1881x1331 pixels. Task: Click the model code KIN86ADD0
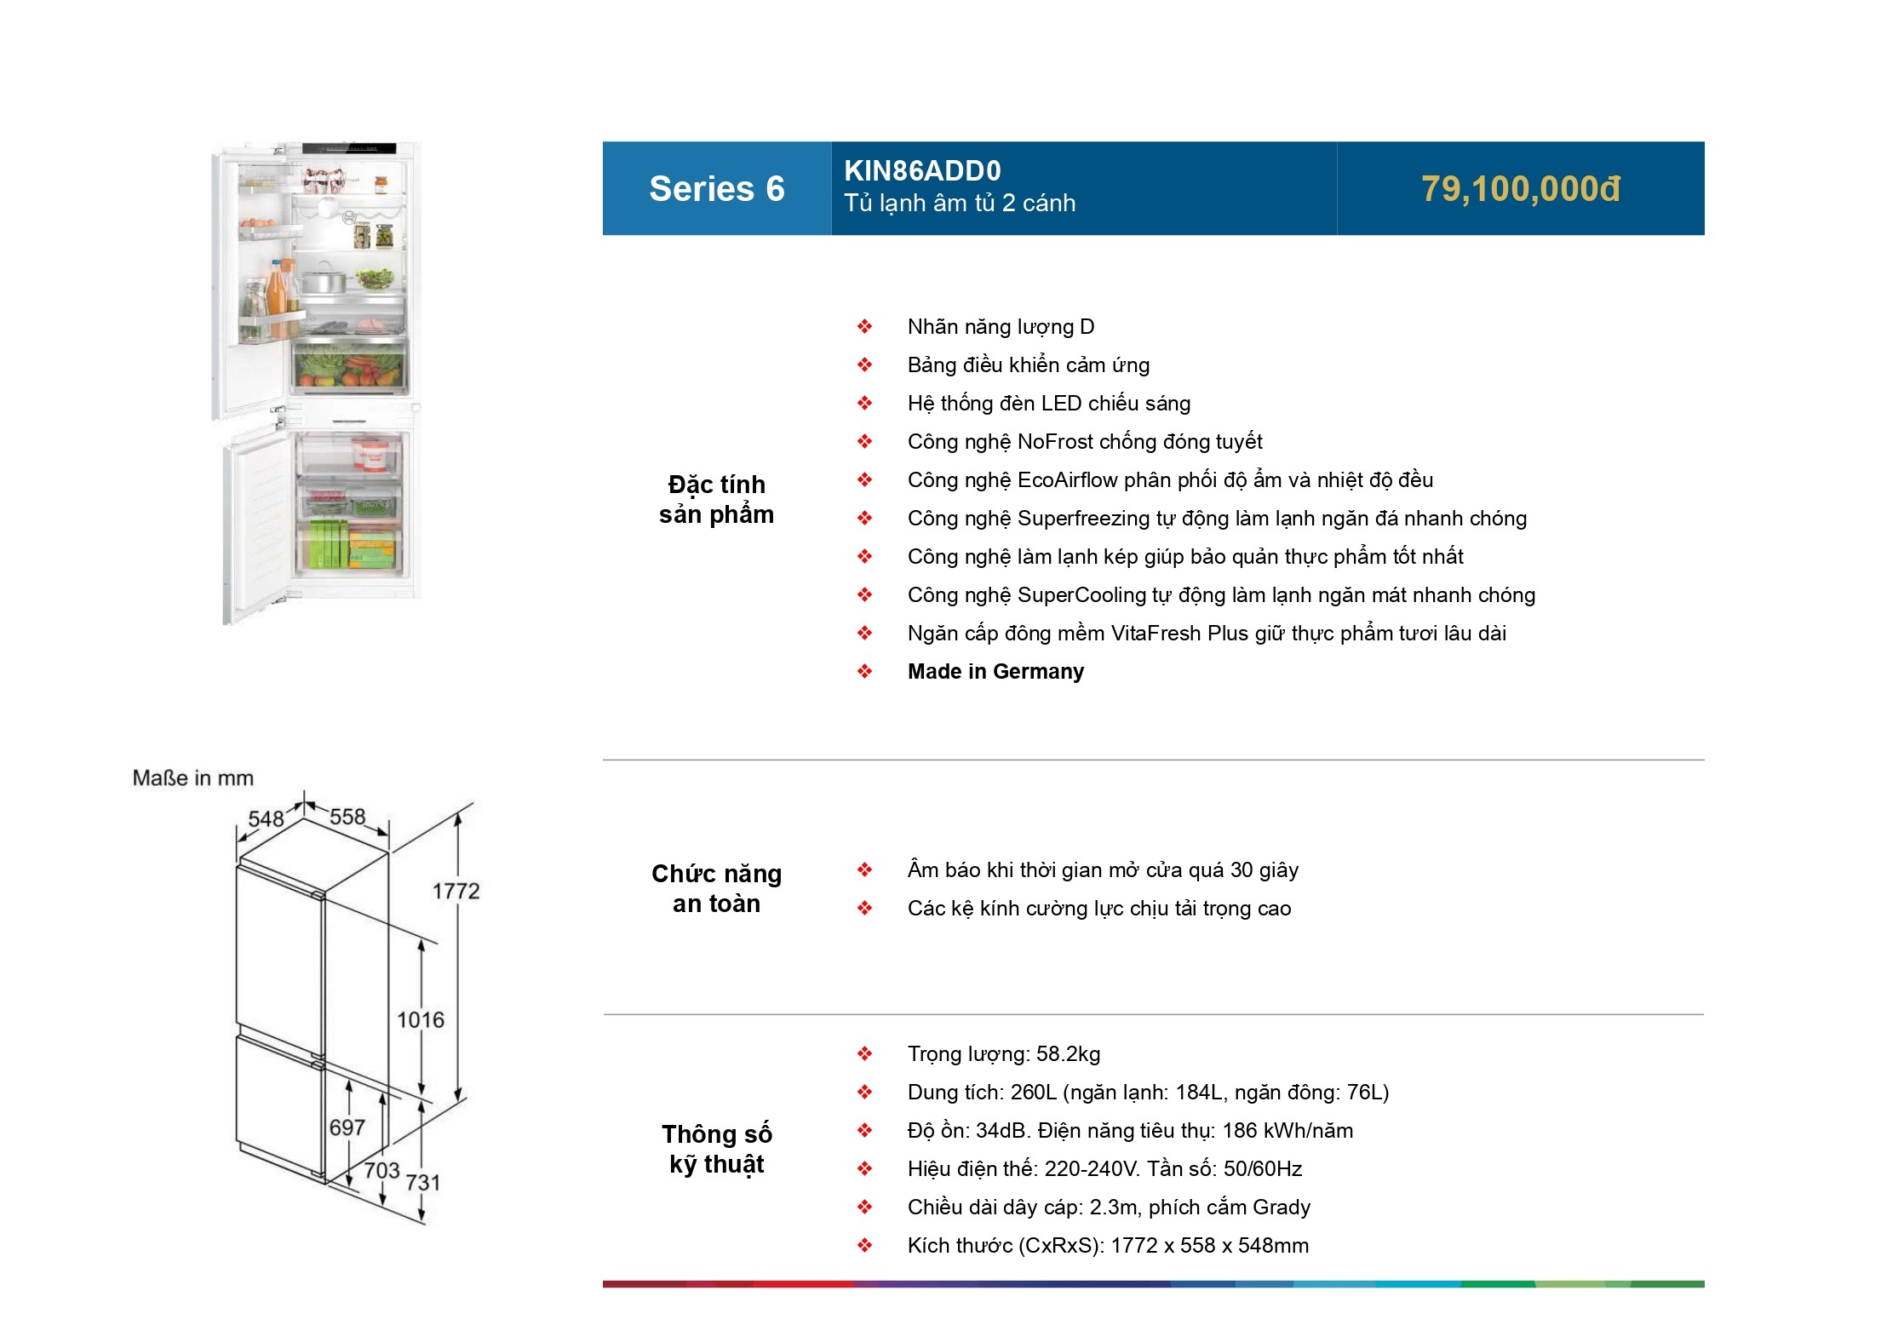[922, 171]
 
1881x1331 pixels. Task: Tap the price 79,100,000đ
[1520, 189]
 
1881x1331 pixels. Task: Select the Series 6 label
[716, 189]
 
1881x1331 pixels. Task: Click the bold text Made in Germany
[995, 672]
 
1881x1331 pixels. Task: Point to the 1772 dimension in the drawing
[456, 892]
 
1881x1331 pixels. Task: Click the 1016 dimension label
[421, 1020]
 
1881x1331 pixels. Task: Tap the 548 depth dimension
[266, 819]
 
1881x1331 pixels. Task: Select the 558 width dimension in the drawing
[347, 818]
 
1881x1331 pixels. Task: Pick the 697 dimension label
[347, 1128]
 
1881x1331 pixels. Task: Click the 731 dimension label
[422, 1183]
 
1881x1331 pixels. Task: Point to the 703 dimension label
[381, 1171]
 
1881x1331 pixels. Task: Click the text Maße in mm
[193, 778]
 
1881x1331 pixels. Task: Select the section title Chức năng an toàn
[716, 889]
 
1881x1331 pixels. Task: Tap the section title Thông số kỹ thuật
[716, 1150]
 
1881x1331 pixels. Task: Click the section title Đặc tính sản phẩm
[716, 500]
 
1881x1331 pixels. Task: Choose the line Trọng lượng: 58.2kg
[1003, 1054]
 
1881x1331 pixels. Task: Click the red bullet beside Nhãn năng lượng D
[864, 327]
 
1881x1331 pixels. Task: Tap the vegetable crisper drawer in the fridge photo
[350, 367]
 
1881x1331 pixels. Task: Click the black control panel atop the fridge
[349, 148]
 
